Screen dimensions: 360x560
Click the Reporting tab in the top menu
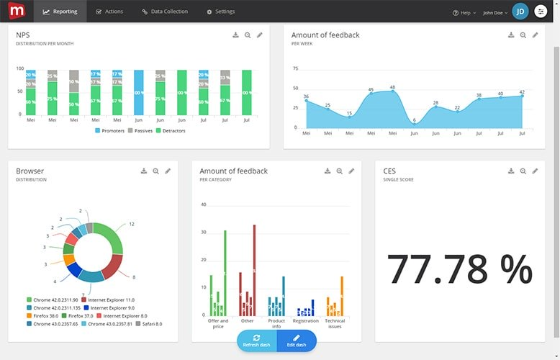[x=60, y=12]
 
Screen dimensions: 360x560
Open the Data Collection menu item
[x=165, y=12]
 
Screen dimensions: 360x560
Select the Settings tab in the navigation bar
[x=220, y=12]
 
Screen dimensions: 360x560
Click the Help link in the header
[x=464, y=12]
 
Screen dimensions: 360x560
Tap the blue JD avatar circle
[x=520, y=12]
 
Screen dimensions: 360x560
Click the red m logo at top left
[x=14, y=11]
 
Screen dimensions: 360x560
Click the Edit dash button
[x=296, y=341]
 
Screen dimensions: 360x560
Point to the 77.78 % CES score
[x=459, y=269]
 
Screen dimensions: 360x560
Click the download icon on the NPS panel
[x=235, y=35]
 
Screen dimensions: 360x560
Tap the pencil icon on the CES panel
[x=535, y=171]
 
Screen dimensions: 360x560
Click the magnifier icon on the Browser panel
[x=155, y=171]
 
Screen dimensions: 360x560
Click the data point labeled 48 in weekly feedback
[x=392, y=91]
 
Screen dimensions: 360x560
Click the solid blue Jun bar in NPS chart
[x=139, y=92]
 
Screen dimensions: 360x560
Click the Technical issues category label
[x=335, y=324]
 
